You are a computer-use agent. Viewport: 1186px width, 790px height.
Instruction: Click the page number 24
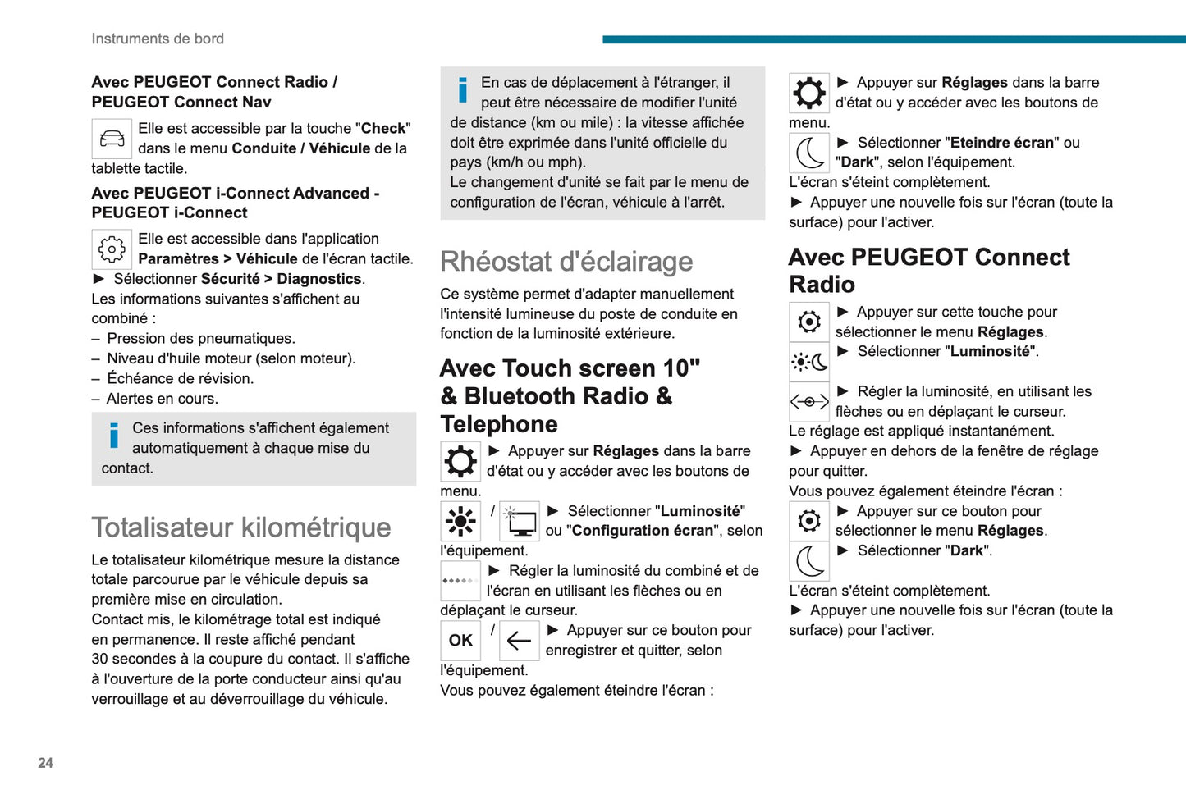point(45,763)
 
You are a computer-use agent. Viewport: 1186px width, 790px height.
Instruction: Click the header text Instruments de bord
point(158,39)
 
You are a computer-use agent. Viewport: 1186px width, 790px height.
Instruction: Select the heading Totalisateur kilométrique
point(241,527)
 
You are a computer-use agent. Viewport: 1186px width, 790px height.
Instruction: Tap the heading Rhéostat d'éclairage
point(566,262)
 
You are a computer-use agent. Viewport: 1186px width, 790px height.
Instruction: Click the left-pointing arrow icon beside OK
point(519,641)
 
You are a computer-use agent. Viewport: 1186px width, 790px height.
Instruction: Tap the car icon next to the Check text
point(112,139)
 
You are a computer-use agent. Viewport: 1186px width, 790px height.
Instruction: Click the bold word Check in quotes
point(383,128)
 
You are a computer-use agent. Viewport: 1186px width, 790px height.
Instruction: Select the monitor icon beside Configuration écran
point(520,521)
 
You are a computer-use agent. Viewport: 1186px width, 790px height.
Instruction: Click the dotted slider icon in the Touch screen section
point(460,581)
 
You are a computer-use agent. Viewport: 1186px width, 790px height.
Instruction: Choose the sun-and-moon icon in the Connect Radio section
point(809,362)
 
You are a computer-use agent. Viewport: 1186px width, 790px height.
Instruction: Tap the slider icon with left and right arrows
point(809,402)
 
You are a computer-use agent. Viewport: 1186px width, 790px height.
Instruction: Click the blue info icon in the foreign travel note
point(463,90)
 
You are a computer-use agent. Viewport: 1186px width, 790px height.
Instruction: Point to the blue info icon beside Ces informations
point(114,436)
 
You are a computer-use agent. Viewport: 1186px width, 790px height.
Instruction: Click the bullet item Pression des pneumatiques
point(201,339)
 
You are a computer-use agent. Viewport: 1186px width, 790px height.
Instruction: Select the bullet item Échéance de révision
point(180,378)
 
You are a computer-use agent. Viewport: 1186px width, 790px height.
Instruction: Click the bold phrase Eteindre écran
point(1001,143)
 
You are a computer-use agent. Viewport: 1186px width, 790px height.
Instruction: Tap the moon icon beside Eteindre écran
point(809,153)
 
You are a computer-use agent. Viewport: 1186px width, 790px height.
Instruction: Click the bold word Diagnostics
point(319,279)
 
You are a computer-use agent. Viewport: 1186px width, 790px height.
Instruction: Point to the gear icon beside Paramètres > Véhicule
point(112,249)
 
